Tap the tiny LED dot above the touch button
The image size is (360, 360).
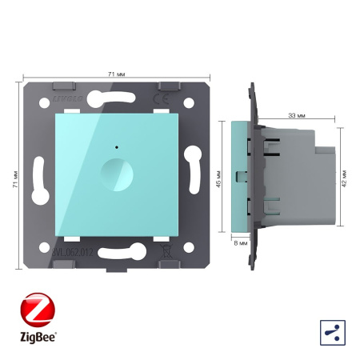tap(118, 148)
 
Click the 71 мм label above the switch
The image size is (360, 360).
tap(115, 74)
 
